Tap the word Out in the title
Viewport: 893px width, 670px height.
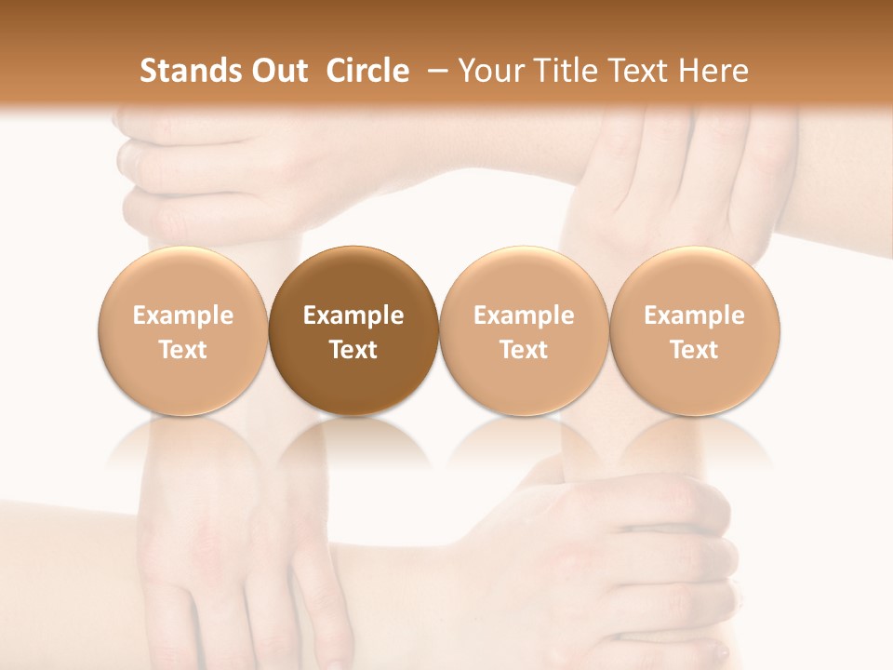pos(276,71)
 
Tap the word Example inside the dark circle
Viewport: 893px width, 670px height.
pos(353,315)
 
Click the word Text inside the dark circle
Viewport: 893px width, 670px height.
pos(353,350)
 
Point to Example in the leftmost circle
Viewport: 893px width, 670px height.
pos(183,315)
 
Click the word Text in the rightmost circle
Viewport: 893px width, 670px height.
pos(694,350)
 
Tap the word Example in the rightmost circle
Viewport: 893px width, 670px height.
pos(694,315)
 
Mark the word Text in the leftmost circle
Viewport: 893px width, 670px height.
pos(183,350)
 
